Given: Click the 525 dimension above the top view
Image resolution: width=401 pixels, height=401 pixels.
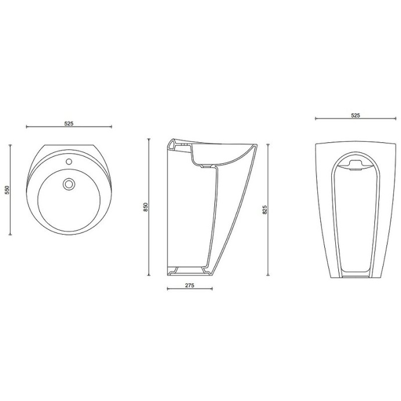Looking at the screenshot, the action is [69, 124].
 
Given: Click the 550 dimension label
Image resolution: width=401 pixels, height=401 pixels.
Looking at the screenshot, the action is [7, 190].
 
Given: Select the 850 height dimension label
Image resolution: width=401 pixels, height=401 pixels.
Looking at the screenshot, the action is [145, 207].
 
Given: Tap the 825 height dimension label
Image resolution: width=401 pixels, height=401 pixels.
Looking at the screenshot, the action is [264, 209].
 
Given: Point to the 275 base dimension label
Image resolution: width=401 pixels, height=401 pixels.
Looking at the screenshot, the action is [189, 285].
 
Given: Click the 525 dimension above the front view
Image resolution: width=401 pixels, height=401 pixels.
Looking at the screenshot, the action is [355, 115].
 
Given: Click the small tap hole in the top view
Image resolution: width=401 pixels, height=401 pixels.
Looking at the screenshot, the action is [69, 162].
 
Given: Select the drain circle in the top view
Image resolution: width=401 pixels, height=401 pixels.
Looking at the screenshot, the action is [69, 184].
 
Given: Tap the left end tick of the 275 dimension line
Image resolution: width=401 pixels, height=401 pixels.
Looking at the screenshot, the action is [167, 289].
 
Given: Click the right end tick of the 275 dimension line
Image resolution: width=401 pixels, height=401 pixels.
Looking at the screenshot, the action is [212, 289].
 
